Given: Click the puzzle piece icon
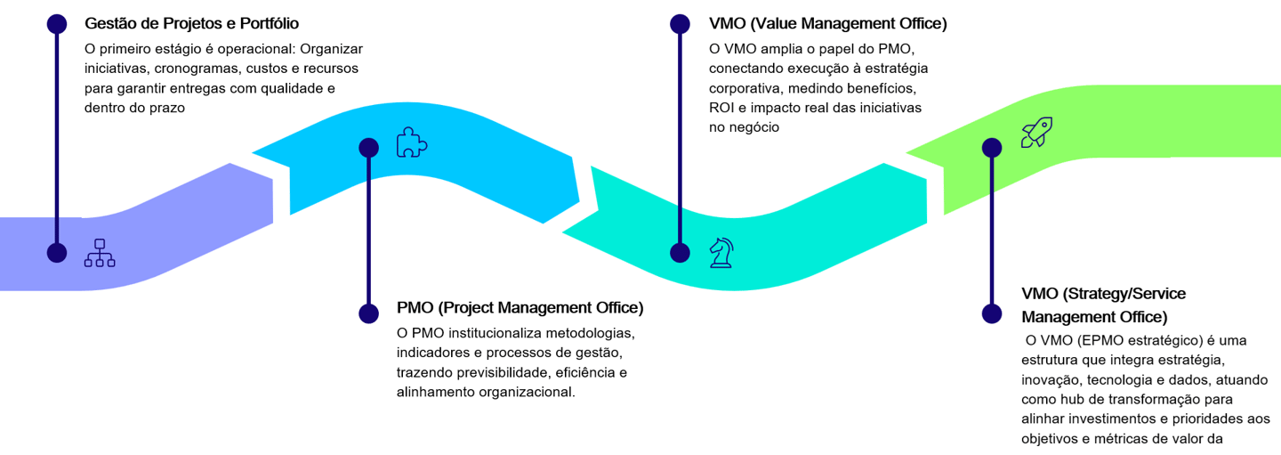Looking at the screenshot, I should pyautogui.click(x=411, y=143).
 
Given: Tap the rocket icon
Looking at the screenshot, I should pyautogui.click(x=1036, y=133).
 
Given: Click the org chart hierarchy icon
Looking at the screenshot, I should pyautogui.click(x=100, y=253).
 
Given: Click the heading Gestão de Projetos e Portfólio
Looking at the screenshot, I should pyautogui.click(x=191, y=23).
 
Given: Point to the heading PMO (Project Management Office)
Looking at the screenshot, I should pyautogui.click(x=520, y=308).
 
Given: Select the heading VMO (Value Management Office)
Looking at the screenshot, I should pyautogui.click(x=827, y=23).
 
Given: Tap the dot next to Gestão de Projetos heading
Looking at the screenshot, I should pyautogui.click(x=57, y=24).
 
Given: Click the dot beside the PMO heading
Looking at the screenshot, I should pyautogui.click(x=368, y=313).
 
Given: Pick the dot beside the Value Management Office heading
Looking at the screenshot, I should pyautogui.click(x=681, y=24).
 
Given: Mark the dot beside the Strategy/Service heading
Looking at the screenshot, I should pyautogui.click(x=992, y=313).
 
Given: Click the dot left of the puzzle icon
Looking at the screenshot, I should pyautogui.click(x=368, y=148).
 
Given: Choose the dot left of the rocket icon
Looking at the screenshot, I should pyautogui.click(x=992, y=148).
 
